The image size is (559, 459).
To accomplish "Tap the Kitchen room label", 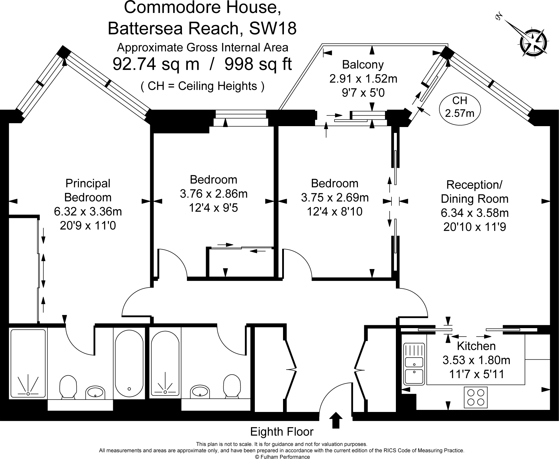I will tap(476, 346).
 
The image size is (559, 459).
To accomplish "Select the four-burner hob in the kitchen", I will tap(476, 397).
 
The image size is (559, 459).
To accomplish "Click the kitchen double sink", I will tap(414, 364).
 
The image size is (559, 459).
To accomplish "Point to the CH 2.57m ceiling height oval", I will tap(460, 107).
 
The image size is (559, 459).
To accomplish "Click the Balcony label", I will tap(363, 64).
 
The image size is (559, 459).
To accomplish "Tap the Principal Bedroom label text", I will tap(88, 190).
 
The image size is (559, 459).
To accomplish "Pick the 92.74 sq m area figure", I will tap(156, 64).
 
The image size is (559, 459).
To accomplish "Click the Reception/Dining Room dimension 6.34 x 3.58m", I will tap(475, 213).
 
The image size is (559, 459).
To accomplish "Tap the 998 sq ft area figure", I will tap(258, 64).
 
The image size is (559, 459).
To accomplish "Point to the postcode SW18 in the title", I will tap(272, 29).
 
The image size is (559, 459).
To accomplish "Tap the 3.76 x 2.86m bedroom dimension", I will tap(214, 194).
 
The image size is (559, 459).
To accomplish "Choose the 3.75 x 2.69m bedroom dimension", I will tap(335, 197).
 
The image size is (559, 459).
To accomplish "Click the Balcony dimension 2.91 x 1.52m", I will tap(363, 79).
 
